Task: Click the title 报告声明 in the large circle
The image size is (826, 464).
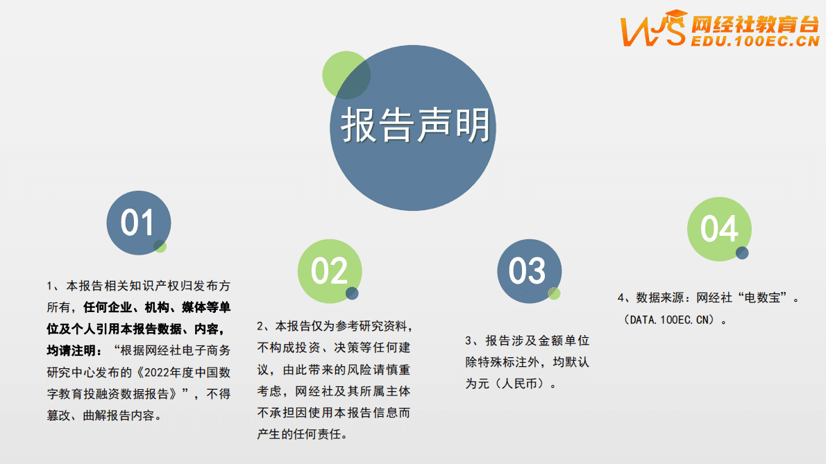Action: (416, 126)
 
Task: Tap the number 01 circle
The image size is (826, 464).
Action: (137, 223)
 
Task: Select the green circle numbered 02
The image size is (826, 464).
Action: (329, 271)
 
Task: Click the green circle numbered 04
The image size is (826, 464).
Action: (718, 229)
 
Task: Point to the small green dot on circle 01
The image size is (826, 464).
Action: (160, 246)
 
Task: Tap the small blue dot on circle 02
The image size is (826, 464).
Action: (353, 293)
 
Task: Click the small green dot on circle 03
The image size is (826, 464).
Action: (554, 293)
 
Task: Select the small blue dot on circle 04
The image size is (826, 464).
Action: (742, 253)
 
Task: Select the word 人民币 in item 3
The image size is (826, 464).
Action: (520, 384)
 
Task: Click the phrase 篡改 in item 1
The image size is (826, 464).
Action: (58, 416)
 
